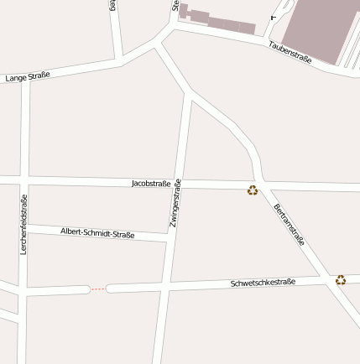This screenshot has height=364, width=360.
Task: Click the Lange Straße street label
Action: pyautogui.click(x=28, y=75)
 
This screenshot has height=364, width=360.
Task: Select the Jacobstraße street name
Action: pyautogui.click(x=151, y=183)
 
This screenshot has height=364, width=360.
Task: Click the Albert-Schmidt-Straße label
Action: pyautogui.click(x=97, y=231)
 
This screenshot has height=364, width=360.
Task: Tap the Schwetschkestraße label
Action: pyautogui.click(x=263, y=283)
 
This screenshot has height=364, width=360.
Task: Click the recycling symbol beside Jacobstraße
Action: pyautogui.click(x=253, y=190)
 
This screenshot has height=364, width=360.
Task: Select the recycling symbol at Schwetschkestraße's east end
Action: pyautogui.click(x=341, y=279)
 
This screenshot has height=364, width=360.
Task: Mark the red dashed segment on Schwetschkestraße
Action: pyautogui.click(x=98, y=289)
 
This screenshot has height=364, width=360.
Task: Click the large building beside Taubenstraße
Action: pyautogui.click(x=319, y=29)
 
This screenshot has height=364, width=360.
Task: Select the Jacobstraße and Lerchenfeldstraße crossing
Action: pyautogui.click(x=25, y=180)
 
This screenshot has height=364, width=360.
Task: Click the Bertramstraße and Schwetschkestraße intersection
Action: pyautogui.click(x=326, y=279)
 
